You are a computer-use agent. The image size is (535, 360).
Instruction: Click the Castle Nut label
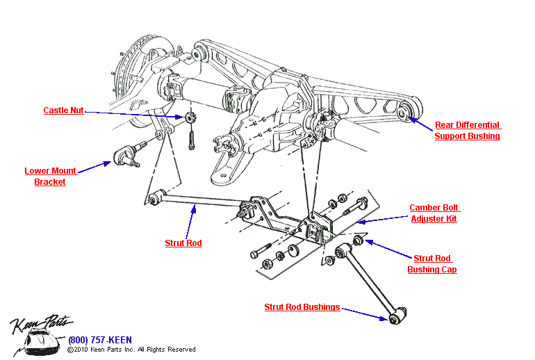[63, 111]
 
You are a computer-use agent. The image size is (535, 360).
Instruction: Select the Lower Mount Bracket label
[50, 176]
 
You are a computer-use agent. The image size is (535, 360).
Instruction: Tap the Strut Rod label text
[183, 243]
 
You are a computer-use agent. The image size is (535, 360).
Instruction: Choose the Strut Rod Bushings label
[302, 307]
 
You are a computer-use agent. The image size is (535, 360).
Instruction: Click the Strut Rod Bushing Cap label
[432, 263]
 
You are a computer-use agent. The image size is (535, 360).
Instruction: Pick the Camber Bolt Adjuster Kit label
[434, 213]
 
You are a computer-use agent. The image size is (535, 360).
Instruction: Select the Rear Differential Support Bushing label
[467, 131]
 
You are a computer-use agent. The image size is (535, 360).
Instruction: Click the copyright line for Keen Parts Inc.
[131, 350]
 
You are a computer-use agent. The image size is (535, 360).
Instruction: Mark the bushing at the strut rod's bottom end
[395, 318]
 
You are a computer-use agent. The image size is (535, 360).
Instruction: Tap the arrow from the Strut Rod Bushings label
[364, 312]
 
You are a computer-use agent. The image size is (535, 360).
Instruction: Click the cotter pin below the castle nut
[192, 140]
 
